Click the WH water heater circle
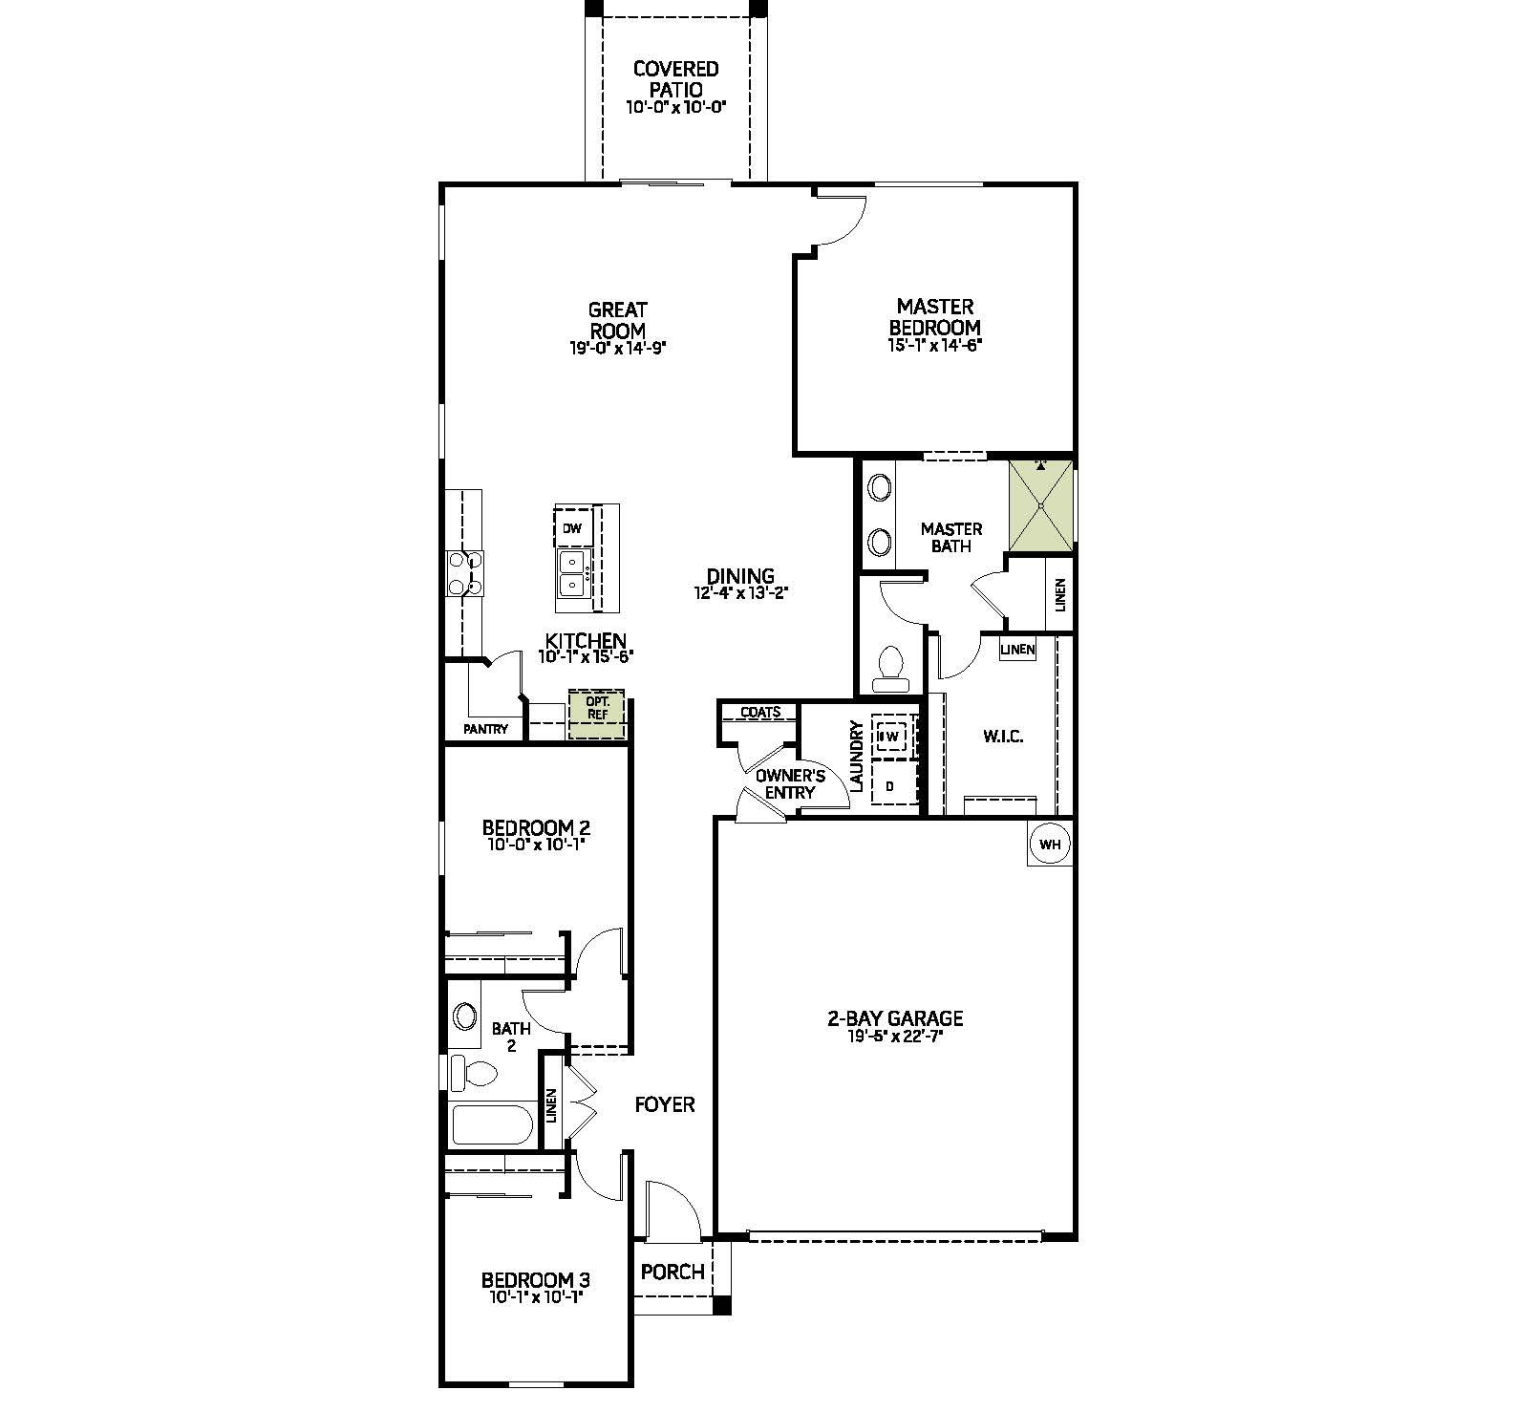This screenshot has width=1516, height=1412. (x=1050, y=845)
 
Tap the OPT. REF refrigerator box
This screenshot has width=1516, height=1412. (x=597, y=715)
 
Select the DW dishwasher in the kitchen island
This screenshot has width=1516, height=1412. (x=572, y=528)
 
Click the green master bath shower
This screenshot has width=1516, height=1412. (x=1041, y=506)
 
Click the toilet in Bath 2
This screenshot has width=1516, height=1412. (x=475, y=1073)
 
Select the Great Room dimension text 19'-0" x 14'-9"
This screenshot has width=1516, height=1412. (x=617, y=349)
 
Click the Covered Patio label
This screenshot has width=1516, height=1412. (x=676, y=78)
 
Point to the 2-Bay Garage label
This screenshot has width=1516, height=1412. (x=895, y=1018)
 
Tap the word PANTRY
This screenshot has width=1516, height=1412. (x=486, y=729)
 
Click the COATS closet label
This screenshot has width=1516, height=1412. (x=760, y=712)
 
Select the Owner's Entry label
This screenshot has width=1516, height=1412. (x=790, y=783)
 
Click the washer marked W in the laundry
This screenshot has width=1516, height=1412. (x=891, y=737)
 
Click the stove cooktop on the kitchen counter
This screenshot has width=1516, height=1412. (x=465, y=573)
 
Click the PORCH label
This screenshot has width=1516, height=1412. (x=673, y=1272)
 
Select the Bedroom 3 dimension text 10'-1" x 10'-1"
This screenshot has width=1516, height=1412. (x=535, y=1297)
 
